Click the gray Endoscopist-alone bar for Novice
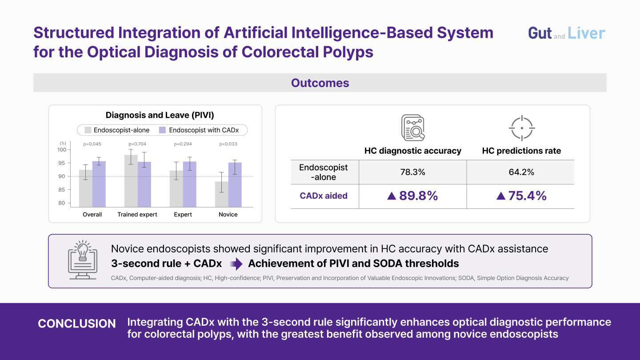click(221, 194)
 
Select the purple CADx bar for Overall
click(99, 184)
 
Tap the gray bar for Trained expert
click(131, 181)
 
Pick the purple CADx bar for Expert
click(190, 184)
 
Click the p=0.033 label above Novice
click(228, 144)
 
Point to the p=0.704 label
click(137, 144)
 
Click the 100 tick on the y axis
click(62, 149)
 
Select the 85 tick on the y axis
click(62, 189)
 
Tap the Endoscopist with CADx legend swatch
click(162, 130)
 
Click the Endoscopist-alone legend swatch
click(88, 130)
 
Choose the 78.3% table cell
click(412, 172)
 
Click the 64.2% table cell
click(521, 172)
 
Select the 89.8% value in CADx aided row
click(418, 196)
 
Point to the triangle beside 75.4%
click(501, 196)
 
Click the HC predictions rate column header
click(521, 151)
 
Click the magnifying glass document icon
click(413, 128)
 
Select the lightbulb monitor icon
click(83, 260)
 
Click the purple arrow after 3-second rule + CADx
click(236, 264)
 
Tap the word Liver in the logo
click(586, 33)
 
